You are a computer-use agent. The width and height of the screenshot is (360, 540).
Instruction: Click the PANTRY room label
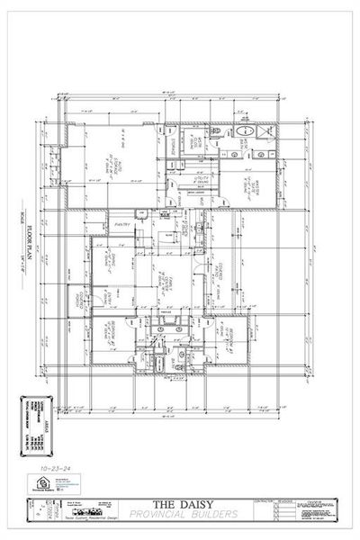coord(121,224)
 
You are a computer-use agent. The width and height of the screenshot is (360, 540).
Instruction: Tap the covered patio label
coord(219,271)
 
